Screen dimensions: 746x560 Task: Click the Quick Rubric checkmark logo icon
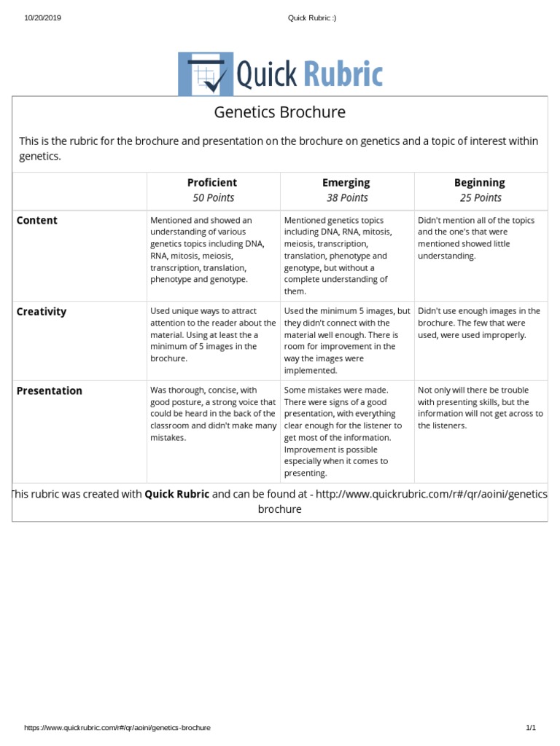pyautogui.click(x=206, y=74)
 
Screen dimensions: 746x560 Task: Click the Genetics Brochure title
pyautogui.click(x=279, y=112)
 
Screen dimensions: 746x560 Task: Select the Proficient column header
pyautogui.click(x=212, y=183)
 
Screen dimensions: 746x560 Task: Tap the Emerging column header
pyautogui.click(x=346, y=183)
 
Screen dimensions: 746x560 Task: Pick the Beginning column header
pyautogui.click(x=480, y=183)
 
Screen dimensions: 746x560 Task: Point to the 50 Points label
pyautogui.click(x=212, y=198)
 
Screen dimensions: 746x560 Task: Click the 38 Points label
pyautogui.click(x=346, y=198)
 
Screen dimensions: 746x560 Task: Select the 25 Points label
pyautogui.click(x=480, y=198)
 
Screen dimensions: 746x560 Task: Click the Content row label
pyautogui.click(x=37, y=221)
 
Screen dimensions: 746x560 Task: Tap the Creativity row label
pyautogui.click(x=42, y=312)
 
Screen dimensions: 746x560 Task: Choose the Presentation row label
pyautogui.click(x=50, y=391)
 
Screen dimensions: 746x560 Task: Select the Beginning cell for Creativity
pyautogui.click(x=479, y=323)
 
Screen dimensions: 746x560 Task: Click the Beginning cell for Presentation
pyautogui.click(x=480, y=408)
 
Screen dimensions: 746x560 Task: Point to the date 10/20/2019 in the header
pyautogui.click(x=43, y=18)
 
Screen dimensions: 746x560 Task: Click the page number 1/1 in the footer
pyautogui.click(x=531, y=728)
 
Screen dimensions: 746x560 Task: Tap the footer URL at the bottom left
pyautogui.click(x=117, y=728)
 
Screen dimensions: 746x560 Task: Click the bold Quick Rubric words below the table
pyautogui.click(x=177, y=494)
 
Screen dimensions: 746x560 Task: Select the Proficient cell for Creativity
pyautogui.click(x=213, y=334)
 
